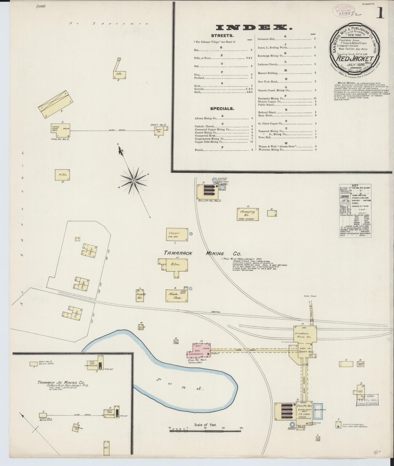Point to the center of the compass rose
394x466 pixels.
pyautogui.click(x=134, y=181)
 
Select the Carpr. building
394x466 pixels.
pyautogui.click(x=177, y=234)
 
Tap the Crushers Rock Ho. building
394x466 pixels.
pyautogui.click(x=305, y=335)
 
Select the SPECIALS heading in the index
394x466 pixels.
pyautogui.click(x=222, y=108)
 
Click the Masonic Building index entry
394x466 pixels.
pyautogui.click(x=268, y=73)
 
